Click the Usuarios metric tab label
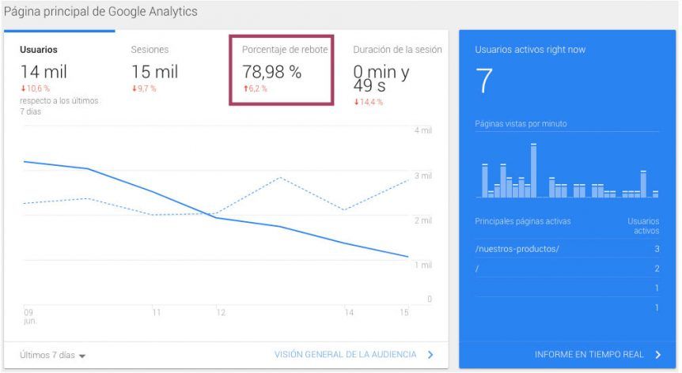point(39,50)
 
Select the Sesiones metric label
point(150,50)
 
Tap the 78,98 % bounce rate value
point(272,72)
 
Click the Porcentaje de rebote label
point(285,50)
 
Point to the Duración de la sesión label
point(397,50)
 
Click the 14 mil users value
point(44,72)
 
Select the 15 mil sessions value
point(155,72)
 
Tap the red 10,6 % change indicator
point(36,89)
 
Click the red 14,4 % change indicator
point(369,102)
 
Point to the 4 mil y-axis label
point(423,130)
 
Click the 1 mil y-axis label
point(423,265)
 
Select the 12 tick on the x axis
point(221,312)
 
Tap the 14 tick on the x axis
point(349,312)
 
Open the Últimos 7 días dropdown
point(53,355)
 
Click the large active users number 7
point(483,81)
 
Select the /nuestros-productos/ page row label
point(517,249)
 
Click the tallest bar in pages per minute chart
point(534,170)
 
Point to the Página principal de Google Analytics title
point(100,11)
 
